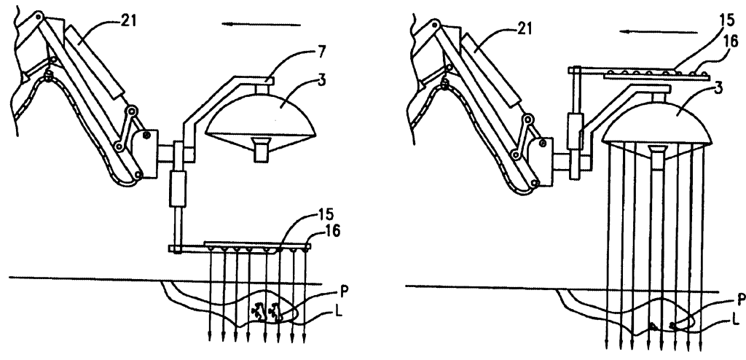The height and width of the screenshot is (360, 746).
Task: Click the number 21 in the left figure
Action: tap(127, 21)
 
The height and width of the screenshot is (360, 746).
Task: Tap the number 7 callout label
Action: tap(323, 52)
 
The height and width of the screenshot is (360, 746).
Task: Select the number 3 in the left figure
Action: tap(321, 80)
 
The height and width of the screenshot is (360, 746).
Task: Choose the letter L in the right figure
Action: tap(736, 321)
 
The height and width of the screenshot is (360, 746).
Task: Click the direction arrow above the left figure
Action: tap(262, 24)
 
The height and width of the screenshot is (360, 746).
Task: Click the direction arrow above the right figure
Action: tap(659, 32)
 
